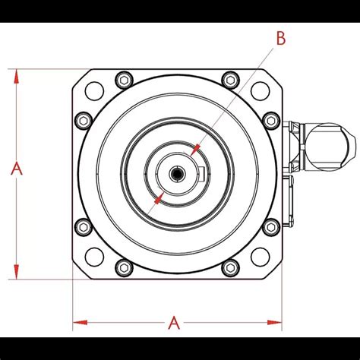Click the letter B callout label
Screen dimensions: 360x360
point(280,39)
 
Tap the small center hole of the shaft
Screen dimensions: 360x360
point(176,174)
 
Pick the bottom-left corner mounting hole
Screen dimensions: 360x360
point(93,256)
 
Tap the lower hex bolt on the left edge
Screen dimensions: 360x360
point(82,226)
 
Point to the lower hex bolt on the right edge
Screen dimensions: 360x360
point(270,226)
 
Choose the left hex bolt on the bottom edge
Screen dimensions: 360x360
point(124,267)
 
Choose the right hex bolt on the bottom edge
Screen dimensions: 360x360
point(229,267)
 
